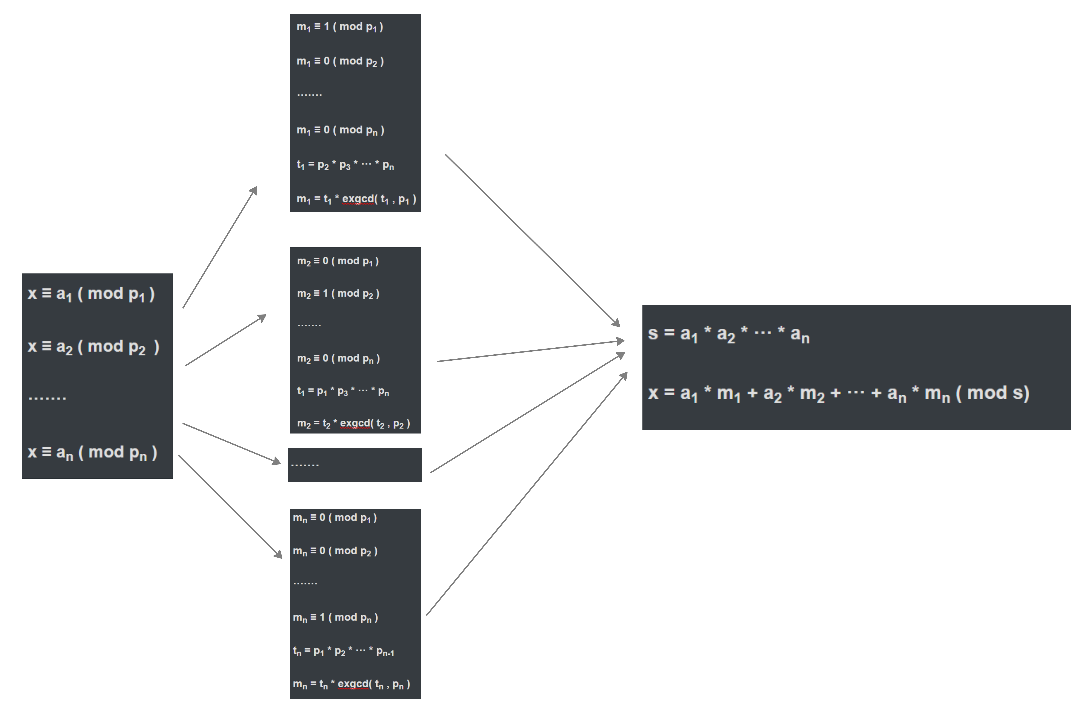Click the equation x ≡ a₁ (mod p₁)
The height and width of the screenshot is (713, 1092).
point(91,294)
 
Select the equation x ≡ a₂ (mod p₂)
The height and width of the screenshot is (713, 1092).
point(93,347)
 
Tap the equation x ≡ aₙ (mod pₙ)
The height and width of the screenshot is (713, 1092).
point(92,452)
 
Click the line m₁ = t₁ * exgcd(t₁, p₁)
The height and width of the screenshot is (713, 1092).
point(356,199)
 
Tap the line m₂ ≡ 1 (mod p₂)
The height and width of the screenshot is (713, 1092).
point(338,294)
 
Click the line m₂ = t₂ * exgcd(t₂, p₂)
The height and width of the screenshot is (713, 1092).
point(353,424)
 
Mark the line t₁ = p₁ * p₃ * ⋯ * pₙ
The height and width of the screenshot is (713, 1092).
point(343,391)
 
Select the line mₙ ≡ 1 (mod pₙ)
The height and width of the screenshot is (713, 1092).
point(335,618)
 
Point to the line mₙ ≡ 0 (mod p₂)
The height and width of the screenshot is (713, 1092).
point(335,551)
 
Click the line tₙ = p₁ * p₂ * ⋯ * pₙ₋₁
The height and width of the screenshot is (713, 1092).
point(343,652)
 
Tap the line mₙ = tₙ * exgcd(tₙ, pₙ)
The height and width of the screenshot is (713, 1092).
point(351,684)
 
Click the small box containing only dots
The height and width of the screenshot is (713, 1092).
point(354,465)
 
